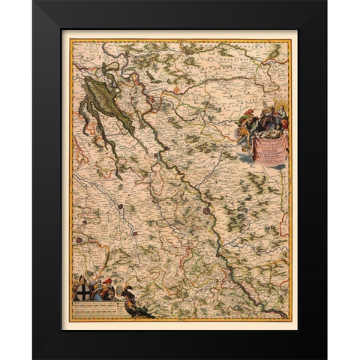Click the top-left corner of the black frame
coord(34,1)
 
